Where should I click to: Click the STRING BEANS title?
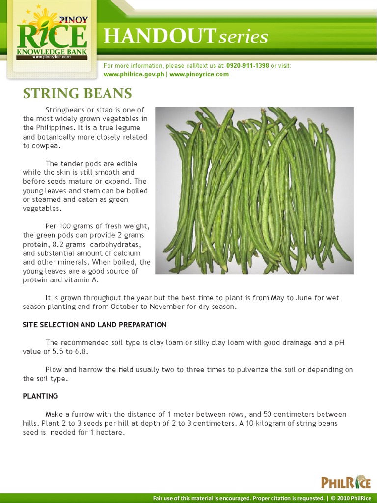pos(77,93)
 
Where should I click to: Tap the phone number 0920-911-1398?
pos(247,66)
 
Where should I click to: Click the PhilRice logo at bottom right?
pos(346,482)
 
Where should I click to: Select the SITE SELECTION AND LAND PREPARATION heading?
pos(95,325)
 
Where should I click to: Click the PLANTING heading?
pos(40,396)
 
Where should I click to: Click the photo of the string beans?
pos(254,191)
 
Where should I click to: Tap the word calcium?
pos(128,253)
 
